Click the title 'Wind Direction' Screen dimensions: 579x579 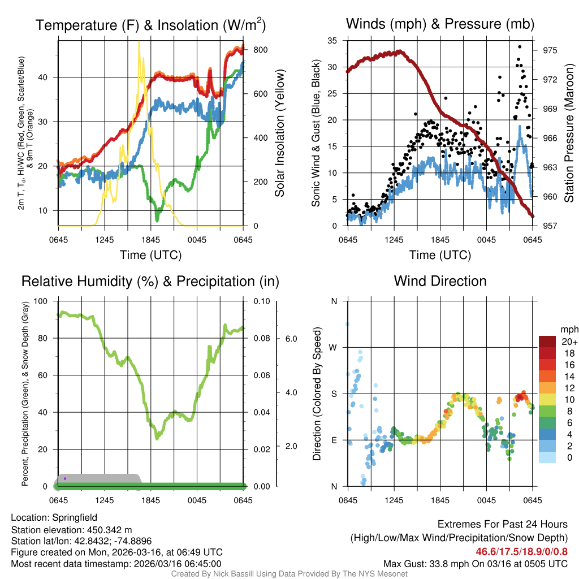click(x=440, y=281)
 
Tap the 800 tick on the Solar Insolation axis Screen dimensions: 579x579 click(x=260, y=50)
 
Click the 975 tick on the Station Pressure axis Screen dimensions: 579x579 click(x=549, y=50)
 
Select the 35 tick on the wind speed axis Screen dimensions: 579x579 click(x=332, y=41)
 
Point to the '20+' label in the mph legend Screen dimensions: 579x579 click(x=568, y=342)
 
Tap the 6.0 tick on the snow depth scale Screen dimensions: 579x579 click(x=289, y=339)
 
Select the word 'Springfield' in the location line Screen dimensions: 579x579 click(x=75, y=517)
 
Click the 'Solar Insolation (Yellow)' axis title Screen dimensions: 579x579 click(x=279, y=133)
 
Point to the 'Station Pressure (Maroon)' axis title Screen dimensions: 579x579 click(x=569, y=133)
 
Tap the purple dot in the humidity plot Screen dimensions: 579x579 click(x=65, y=478)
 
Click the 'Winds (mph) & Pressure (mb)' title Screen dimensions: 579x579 click(x=440, y=24)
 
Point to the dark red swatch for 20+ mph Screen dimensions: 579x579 click(x=547, y=341)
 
